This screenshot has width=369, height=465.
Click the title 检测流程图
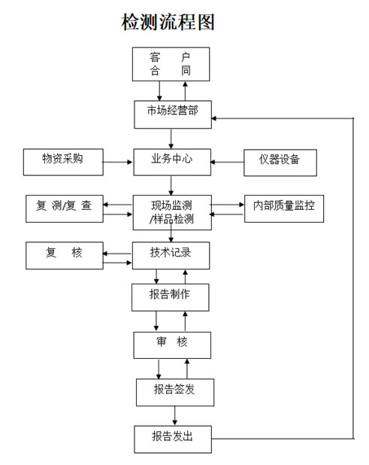point(168,22)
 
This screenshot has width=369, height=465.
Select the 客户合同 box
point(171,64)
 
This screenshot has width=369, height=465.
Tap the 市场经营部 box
point(173,114)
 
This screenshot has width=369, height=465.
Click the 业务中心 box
point(172,163)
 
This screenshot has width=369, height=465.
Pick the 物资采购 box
point(63,163)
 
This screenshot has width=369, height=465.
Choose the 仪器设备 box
point(280,163)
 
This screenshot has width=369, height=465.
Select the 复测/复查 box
point(65,208)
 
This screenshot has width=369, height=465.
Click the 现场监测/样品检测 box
point(172,212)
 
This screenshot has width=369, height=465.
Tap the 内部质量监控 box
point(284,208)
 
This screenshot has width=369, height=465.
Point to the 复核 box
point(65,256)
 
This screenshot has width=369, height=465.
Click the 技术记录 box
point(171,256)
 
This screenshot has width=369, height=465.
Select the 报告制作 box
point(171,297)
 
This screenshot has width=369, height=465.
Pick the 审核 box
point(172,345)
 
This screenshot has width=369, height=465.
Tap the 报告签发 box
point(175,392)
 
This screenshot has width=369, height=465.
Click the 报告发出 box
point(173,439)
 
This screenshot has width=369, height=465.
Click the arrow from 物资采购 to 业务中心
point(117,163)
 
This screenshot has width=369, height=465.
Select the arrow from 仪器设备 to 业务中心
point(227,163)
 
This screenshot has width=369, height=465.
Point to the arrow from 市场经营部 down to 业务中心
point(171,138)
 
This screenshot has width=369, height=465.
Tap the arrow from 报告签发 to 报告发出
point(174,416)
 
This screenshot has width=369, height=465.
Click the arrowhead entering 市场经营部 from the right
point(214,118)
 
